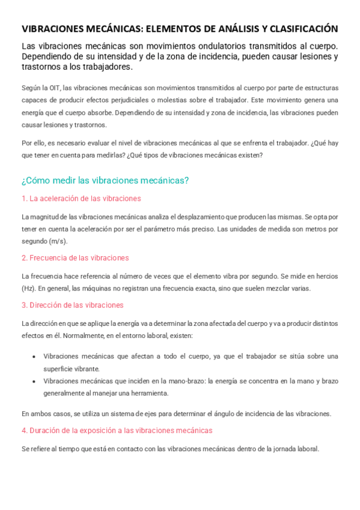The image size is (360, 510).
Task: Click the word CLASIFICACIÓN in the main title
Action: pos(304,28)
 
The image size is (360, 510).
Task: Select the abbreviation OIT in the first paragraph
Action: pos(53,88)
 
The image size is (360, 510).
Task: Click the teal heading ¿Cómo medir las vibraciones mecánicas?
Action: pos(105,180)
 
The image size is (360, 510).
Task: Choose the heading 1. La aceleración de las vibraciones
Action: pos(81,198)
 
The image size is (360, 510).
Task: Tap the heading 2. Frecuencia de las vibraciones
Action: pos(75,257)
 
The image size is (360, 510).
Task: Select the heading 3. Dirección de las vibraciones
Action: pos(72,305)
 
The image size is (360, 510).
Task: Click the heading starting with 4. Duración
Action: pos(117,431)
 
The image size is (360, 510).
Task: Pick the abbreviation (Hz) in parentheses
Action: pos(28,288)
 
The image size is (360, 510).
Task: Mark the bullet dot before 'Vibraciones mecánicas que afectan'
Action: pos(33,357)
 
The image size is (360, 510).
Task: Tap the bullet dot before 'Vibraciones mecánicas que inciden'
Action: pos(33,381)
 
